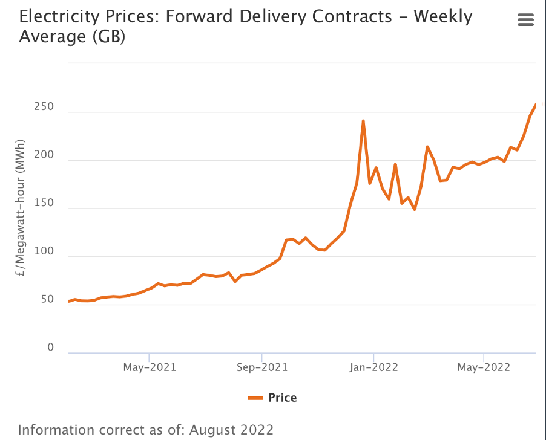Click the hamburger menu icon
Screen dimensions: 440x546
point(525,20)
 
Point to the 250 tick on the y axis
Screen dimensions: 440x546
point(43,107)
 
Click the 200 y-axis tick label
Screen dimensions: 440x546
point(43,155)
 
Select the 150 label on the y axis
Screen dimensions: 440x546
point(43,204)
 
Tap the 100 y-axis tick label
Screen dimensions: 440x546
point(43,251)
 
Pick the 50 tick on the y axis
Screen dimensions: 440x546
point(46,300)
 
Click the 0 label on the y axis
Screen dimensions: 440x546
point(50,348)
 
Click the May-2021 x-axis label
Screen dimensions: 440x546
point(149,367)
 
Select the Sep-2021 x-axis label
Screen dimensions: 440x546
point(261,367)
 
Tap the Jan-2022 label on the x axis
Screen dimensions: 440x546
point(373,367)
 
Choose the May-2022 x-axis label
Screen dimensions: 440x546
point(484,367)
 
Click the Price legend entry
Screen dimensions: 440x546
point(282,397)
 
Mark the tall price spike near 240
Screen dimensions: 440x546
point(363,121)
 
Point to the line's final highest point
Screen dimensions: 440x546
point(536,104)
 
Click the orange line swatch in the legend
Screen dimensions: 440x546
point(256,397)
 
